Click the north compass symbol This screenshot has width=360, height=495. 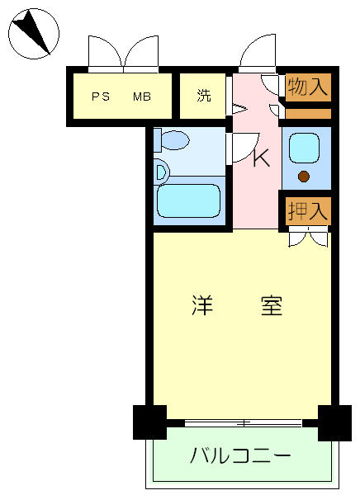point(34,34)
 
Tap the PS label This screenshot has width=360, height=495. point(101,97)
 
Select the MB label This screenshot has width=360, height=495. point(141,97)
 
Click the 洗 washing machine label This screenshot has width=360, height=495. point(204,96)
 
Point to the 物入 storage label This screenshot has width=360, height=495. point(308,87)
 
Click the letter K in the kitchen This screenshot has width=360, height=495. point(262,158)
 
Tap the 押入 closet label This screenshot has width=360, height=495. point(308,211)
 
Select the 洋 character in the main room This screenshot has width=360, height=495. point(202,305)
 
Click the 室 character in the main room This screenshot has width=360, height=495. point(272,305)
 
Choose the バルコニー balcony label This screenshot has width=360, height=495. point(240,455)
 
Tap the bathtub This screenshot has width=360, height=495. point(189,200)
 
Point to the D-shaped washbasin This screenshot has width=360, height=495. point(162,172)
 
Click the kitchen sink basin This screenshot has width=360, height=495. point(304,148)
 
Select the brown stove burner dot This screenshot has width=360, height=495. point(304,177)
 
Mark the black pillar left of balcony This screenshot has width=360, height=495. point(149,422)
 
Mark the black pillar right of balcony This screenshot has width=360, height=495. point(334,423)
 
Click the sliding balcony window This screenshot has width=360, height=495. point(243,423)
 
